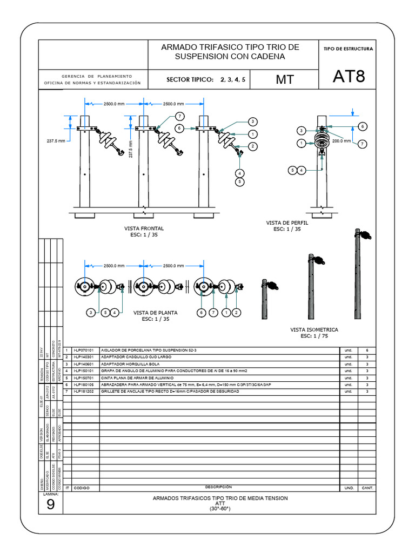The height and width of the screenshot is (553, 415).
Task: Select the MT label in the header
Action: point(285,79)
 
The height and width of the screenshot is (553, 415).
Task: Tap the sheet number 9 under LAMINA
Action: point(50,504)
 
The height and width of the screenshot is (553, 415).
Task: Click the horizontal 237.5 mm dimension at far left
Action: point(55,140)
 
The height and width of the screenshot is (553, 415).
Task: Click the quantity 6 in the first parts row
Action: point(367,350)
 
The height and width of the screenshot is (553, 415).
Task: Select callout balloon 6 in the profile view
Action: point(363,126)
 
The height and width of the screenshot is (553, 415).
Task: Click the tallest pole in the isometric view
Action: point(358,275)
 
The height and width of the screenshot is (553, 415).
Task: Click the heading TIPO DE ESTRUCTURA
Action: point(348,49)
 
